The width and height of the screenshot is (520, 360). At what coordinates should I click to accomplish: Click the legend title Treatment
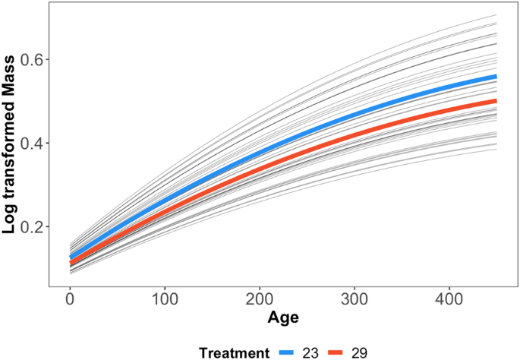click(235, 352)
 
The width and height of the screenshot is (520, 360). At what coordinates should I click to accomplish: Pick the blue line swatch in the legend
click(293, 352)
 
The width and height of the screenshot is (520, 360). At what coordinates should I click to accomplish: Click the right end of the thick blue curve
click(496, 77)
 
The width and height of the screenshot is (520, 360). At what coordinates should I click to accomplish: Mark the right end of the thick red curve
click(496, 100)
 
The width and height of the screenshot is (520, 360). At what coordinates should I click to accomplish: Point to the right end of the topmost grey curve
click(496, 15)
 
